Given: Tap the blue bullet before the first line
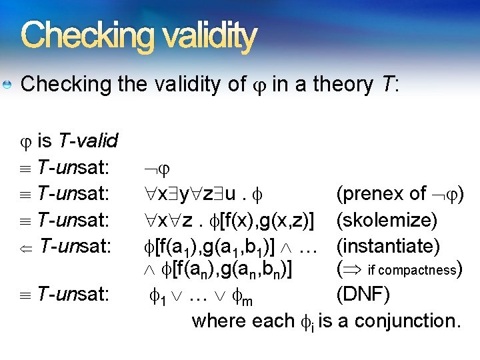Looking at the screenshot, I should pos(7,85).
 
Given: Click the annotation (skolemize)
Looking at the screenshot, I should pos(387,219).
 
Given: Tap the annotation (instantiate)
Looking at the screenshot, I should pos(389,246).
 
